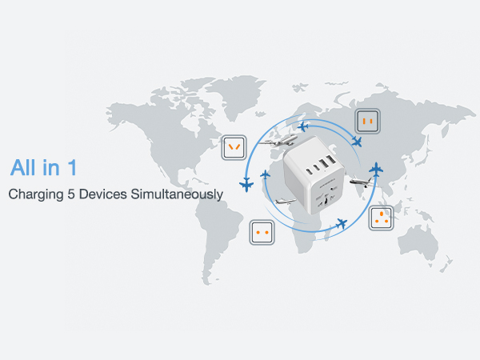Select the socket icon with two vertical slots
368,121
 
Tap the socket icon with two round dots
262,232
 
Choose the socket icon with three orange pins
381,218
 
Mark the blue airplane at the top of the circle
303,126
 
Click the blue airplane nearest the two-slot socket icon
356,142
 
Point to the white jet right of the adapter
361,183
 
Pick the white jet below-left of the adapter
286,201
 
